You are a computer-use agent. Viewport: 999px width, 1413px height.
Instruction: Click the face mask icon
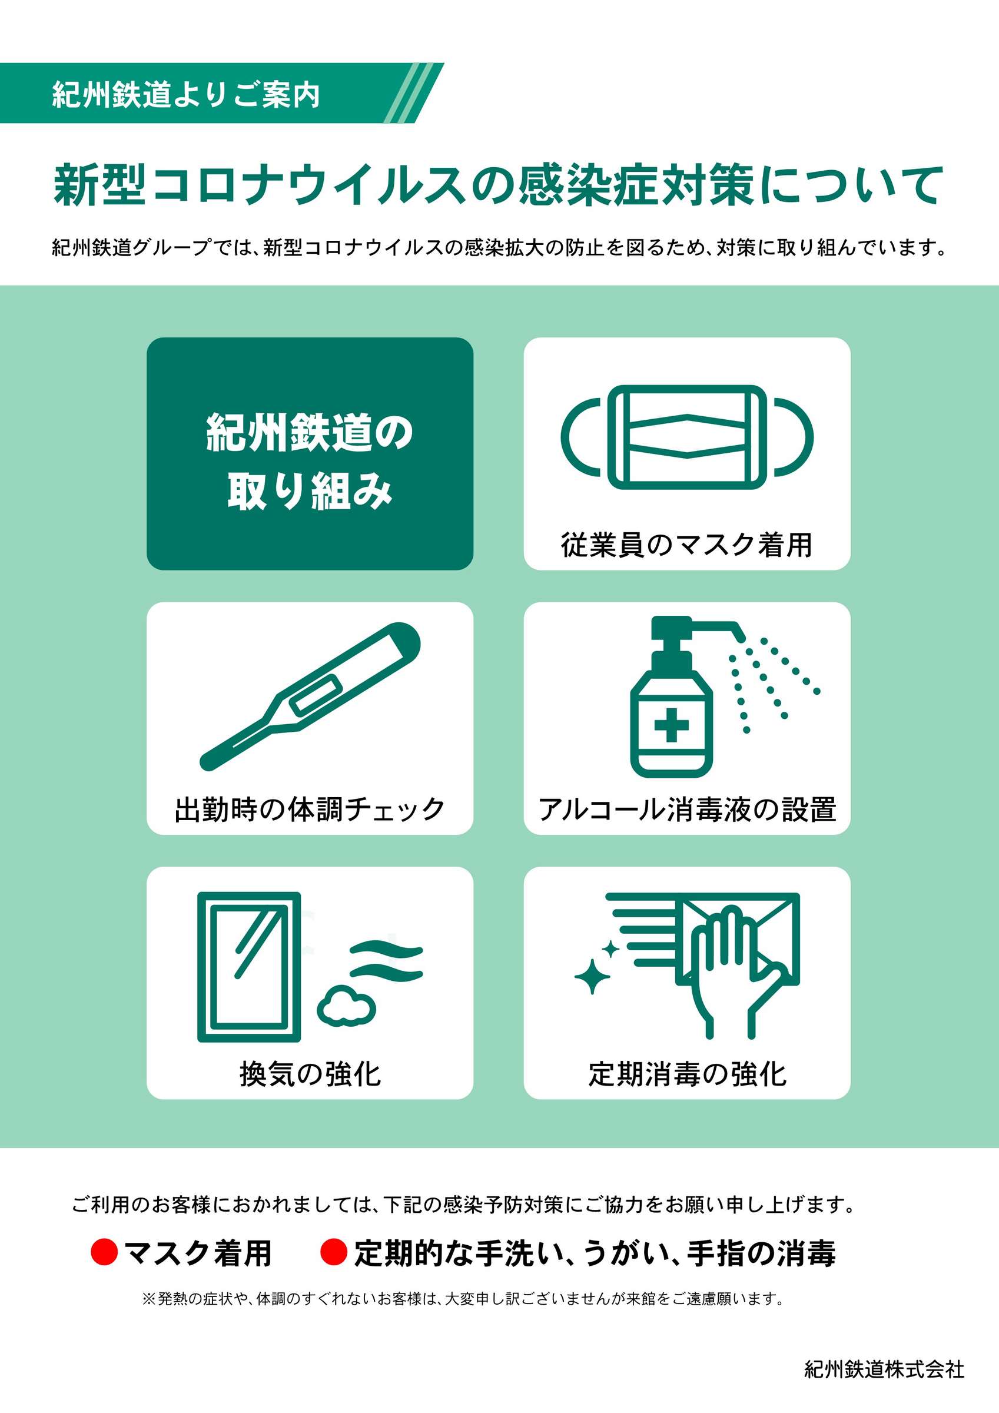pos(686,437)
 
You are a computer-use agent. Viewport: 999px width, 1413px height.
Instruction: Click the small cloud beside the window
pos(346,1005)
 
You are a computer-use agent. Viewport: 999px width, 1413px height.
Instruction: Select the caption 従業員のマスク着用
pos(686,545)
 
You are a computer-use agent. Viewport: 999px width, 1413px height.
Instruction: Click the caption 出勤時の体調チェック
pos(310,810)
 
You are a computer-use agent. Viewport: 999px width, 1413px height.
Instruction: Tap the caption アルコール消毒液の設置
pos(687,810)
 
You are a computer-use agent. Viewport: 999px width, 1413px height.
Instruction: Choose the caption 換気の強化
pos(310,1074)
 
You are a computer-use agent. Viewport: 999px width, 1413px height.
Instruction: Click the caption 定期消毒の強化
pos(687,1074)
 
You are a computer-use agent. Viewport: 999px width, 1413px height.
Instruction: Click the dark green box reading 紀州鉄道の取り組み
pos(310,453)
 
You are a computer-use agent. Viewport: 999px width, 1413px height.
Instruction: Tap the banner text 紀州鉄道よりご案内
pos(186,94)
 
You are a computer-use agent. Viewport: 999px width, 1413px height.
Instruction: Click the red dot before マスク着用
pos(104,1252)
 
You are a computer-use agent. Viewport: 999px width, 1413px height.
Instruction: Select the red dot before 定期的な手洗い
pos(334,1252)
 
